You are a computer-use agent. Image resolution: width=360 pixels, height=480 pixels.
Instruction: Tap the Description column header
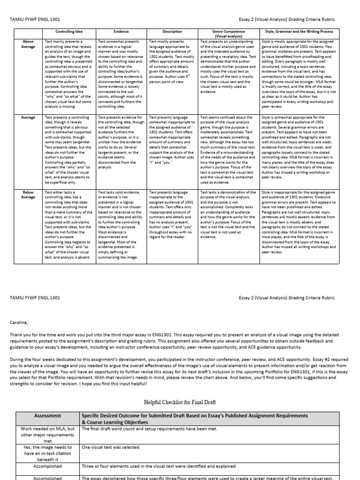click(x=172, y=31)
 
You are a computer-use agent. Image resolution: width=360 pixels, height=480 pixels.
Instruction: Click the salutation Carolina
click(x=21, y=322)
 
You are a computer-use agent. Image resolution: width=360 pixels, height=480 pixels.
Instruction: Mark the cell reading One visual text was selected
click(x=111, y=447)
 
